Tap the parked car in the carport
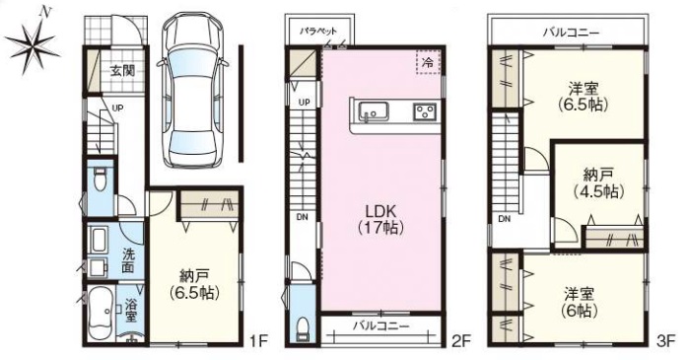193,90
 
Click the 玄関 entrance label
122,70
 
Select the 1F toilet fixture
101,179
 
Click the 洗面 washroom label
128,260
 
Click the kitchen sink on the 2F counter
373,111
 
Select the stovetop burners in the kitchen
424,111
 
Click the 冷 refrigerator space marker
428,62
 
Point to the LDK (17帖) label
381,219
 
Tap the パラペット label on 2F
318,32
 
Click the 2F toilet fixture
302,328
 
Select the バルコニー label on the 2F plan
381,325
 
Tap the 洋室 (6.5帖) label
584,96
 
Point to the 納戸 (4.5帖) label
598,182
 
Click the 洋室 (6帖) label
581,303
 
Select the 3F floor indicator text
665,341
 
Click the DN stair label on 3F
504,219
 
